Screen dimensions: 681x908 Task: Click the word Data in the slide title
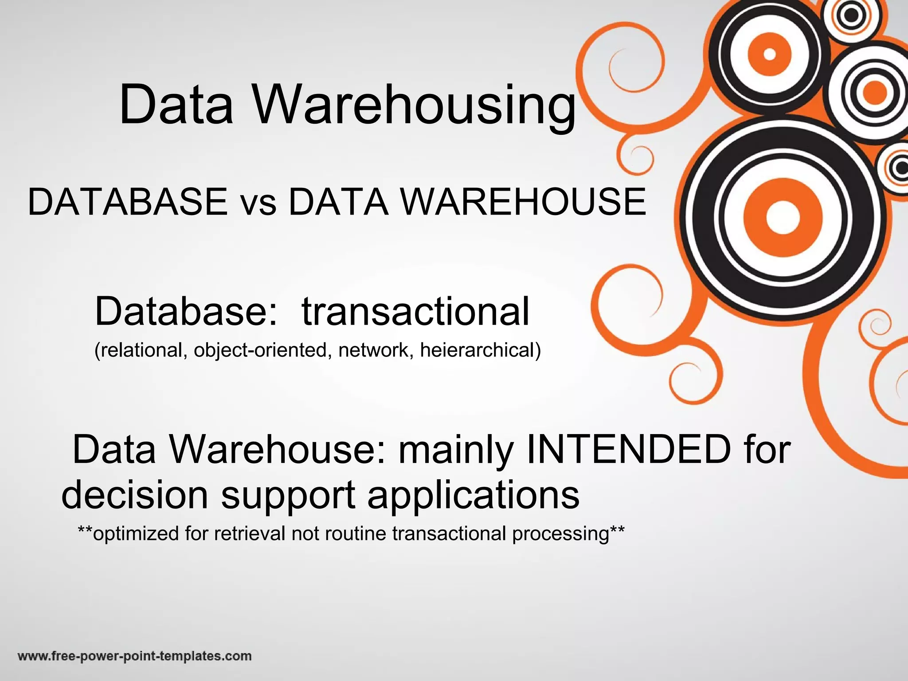(176, 106)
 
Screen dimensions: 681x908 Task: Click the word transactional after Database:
(415, 311)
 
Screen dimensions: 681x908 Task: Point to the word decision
(135, 495)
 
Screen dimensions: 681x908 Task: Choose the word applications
(473, 496)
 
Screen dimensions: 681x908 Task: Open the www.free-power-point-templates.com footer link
(135, 656)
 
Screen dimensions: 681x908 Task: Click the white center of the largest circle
(782, 217)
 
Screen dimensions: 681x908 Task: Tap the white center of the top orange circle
(770, 54)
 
